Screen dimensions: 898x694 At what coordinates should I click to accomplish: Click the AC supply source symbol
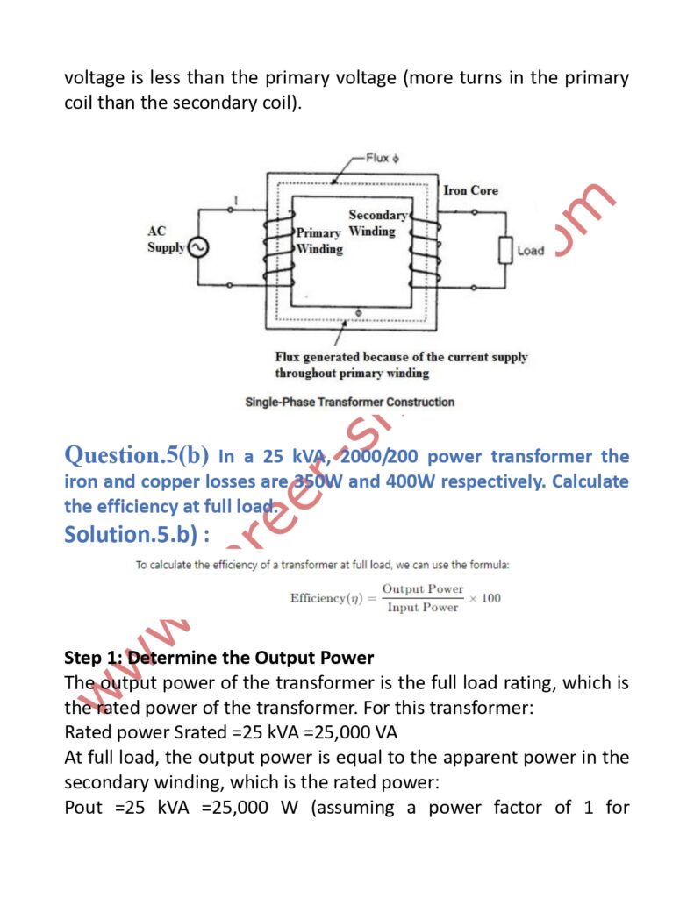(x=197, y=247)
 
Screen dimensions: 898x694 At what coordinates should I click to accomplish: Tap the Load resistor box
(x=504, y=250)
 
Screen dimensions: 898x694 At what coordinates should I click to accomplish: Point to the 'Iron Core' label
(x=470, y=190)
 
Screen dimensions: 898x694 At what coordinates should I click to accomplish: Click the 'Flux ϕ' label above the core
(x=383, y=159)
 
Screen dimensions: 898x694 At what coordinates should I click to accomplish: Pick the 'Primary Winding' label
(x=318, y=241)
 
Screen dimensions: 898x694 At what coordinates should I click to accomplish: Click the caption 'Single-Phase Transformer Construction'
(x=349, y=402)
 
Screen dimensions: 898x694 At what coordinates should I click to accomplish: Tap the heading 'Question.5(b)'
(x=137, y=455)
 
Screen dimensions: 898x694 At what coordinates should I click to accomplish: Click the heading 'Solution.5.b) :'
(x=137, y=533)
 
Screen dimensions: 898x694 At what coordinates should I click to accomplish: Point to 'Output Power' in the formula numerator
(x=422, y=589)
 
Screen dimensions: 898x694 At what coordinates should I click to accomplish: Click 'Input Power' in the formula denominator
(x=422, y=607)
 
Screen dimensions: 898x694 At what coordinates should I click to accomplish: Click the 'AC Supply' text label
(x=165, y=239)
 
